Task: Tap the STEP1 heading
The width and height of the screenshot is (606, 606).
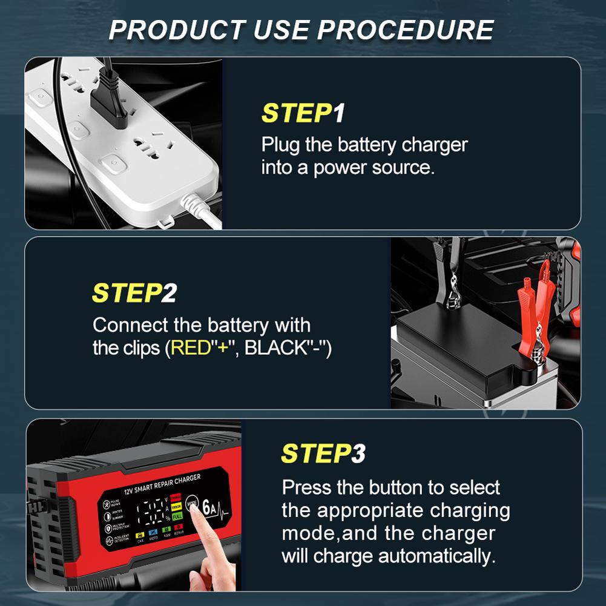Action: tap(303, 113)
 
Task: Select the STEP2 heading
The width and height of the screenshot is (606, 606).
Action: tap(134, 292)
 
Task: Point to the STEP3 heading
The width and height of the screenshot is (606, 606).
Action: tap(323, 453)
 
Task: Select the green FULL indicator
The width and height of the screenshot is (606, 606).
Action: tap(177, 516)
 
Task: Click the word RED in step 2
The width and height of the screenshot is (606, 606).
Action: tap(187, 348)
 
